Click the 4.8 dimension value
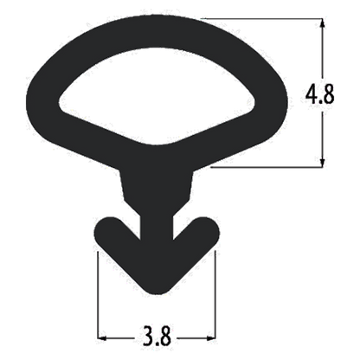(x=320, y=93)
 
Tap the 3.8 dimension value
(x=157, y=336)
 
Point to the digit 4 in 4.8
(x=312, y=93)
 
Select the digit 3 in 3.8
(x=148, y=336)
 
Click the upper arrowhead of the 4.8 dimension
(x=323, y=23)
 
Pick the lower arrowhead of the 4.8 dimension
(x=323, y=162)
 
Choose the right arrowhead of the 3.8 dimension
(x=210, y=337)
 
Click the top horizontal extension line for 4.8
(x=261, y=19)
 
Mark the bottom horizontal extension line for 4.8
(x=267, y=167)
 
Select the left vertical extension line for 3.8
(x=98, y=295)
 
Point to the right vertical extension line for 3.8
(x=215, y=295)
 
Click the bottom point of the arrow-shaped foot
(x=157, y=293)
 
